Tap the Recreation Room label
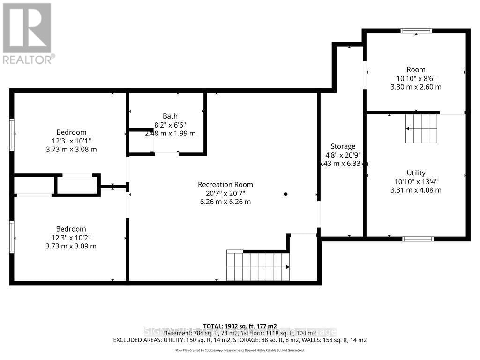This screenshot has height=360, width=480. coord(225,185)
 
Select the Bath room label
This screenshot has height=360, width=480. coord(170,116)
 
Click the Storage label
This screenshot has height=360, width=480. coord(343,146)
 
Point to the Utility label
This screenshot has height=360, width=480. coord(416,173)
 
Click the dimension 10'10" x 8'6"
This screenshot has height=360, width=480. coord(416,78)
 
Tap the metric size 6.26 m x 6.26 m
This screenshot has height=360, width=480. coord(225,202)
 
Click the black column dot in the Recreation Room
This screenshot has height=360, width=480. coord(285,194)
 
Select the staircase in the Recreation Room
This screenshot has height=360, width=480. coord(258,266)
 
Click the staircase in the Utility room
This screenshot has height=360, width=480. coord(421,128)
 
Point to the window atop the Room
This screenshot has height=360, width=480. coord(416,31)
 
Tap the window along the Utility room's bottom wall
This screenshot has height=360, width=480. coord(418,239)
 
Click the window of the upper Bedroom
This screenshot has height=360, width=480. coord(12,135)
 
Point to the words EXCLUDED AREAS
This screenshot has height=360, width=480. coord(136,340)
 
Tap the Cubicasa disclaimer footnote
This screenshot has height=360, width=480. coord(240,350)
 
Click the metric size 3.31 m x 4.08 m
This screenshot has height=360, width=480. coord(416,190)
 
